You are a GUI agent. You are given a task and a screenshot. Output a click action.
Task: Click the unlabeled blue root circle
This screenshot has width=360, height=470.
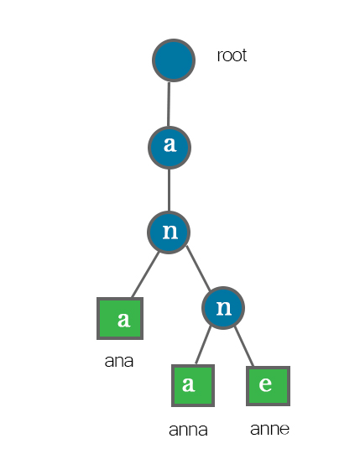pos(174,60)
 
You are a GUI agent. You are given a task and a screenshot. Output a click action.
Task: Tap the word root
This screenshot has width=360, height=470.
pos(232,55)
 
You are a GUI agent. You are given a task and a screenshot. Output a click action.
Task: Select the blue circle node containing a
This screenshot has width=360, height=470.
pos(170,148)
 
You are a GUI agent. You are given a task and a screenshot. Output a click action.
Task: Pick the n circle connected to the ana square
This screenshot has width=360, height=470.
pos(169,232)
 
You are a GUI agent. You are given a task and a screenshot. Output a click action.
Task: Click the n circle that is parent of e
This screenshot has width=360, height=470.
pos(223,308)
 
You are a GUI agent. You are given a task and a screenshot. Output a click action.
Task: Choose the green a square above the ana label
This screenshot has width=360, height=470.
pos(120,318)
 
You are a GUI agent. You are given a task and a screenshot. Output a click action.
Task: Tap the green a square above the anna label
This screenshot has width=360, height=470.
pos(193,385)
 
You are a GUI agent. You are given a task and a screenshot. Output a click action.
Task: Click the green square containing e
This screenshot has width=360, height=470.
pos(268,386)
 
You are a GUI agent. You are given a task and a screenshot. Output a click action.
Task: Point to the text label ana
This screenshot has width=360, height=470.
pos(118,361)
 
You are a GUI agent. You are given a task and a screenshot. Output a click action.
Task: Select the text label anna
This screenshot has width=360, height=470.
pos(188,430)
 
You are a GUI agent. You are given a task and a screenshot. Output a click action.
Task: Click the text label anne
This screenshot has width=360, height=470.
pos(269,429)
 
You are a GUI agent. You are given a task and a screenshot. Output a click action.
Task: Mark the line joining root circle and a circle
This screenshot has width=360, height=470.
pos(169,104)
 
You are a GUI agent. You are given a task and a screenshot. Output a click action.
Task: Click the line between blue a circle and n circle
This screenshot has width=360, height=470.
pos(169,191)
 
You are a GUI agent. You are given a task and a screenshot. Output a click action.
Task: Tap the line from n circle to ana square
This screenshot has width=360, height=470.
pos(145,274)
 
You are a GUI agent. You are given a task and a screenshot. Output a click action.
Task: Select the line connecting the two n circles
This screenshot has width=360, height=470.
pos(198,268)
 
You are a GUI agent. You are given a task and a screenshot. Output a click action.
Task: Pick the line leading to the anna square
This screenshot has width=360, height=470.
pos(203,345)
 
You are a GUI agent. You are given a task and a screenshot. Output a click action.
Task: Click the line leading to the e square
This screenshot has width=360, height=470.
pos(244,347)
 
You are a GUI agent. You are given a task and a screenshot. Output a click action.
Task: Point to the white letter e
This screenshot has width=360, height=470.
pos(265,384)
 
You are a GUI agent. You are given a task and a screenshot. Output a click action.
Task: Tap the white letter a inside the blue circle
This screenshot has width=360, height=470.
pos(170,144)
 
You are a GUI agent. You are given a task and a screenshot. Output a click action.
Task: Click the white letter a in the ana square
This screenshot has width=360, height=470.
pos(124,320)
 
